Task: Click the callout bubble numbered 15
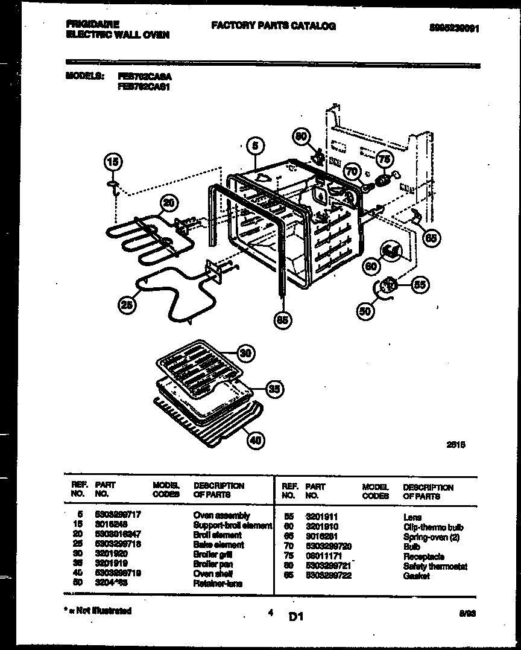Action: coord(113,162)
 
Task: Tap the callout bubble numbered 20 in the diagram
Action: coord(170,204)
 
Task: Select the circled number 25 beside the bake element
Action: coord(126,306)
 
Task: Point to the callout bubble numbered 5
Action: coord(256,145)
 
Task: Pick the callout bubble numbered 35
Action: coord(274,390)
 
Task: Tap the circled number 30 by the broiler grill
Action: coord(245,353)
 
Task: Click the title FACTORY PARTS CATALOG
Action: coord(273,26)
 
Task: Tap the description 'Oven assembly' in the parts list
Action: coord(221,515)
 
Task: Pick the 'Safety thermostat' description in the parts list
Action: coord(435,567)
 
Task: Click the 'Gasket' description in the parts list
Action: coord(416,576)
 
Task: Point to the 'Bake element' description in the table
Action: coord(218,544)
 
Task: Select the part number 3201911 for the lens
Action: coord(321,517)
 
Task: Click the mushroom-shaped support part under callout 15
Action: coord(113,184)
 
